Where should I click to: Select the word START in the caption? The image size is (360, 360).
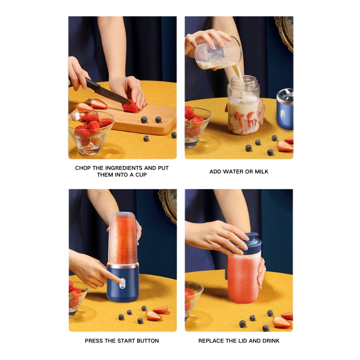point(118,341)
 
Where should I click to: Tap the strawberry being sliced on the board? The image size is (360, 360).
point(131,107)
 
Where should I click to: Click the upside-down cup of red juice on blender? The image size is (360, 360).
point(122,238)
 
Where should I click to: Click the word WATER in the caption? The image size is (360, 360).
point(234,171)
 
